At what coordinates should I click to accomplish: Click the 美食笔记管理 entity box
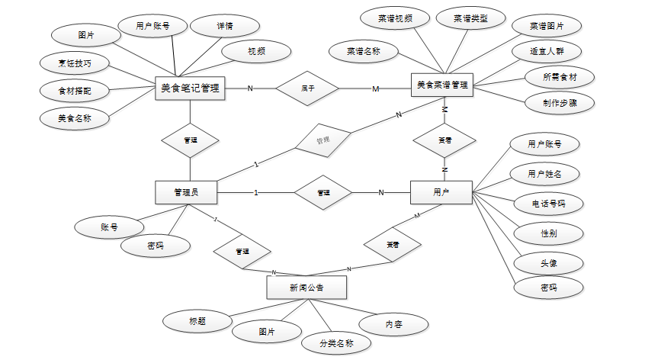(x=190, y=88)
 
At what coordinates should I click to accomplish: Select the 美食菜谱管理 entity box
(x=441, y=86)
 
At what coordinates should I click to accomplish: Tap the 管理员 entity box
(x=187, y=192)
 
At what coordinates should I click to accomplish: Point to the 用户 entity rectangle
(x=441, y=192)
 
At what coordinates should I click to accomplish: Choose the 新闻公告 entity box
(x=306, y=288)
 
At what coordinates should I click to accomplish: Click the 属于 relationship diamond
(x=307, y=88)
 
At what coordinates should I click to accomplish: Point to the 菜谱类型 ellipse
(x=470, y=18)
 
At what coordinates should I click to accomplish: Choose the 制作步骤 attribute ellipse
(x=559, y=101)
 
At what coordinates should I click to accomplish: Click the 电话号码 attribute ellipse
(x=548, y=204)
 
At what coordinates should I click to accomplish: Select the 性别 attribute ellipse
(x=548, y=233)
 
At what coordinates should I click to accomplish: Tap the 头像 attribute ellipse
(x=548, y=262)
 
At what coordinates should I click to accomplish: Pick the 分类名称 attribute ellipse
(x=336, y=343)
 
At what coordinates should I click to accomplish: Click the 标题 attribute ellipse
(x=197, y=321)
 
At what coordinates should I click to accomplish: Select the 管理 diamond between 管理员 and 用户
(x=323, y=192)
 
